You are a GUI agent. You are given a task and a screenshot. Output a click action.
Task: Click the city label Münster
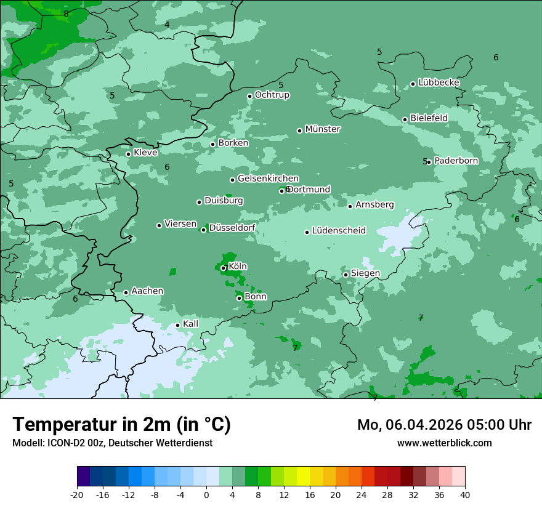coord(323,129)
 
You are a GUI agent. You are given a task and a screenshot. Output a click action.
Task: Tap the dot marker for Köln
coord(223,268)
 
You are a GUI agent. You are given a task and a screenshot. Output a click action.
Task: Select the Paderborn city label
coord(456,161)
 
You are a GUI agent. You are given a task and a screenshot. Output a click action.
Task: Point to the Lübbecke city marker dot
coord(413,84)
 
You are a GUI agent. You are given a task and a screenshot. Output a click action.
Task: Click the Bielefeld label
coord(429,118)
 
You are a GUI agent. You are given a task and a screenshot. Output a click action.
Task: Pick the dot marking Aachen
coord(126,292)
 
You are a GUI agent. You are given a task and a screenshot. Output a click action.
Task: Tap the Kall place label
coord(191,324)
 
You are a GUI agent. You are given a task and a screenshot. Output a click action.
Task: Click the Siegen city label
coord(365,273)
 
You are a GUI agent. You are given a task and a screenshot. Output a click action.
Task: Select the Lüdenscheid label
coord(339,231)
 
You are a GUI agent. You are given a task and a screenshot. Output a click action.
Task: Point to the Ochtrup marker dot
coord(249,96)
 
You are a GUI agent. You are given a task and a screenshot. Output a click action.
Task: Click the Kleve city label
coord(145,153)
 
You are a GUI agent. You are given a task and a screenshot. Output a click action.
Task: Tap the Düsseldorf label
coord(232,228)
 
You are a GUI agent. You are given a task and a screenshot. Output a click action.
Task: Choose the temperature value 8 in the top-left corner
coord(66,14)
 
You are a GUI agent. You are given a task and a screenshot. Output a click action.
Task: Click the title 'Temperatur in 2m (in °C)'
coord(121,424)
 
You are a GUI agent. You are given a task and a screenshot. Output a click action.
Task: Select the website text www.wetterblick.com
coord(444,443)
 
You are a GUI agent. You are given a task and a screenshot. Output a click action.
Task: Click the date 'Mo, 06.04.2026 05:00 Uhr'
coord(444,425)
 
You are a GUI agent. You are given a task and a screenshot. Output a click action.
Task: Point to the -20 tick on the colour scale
coord(77,495)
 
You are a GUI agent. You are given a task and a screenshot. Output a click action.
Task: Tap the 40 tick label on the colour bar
coord(465,495)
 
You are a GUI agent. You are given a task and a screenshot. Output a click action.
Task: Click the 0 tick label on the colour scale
coord(206,495)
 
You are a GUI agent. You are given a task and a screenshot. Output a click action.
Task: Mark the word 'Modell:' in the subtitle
coord(27,443)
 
